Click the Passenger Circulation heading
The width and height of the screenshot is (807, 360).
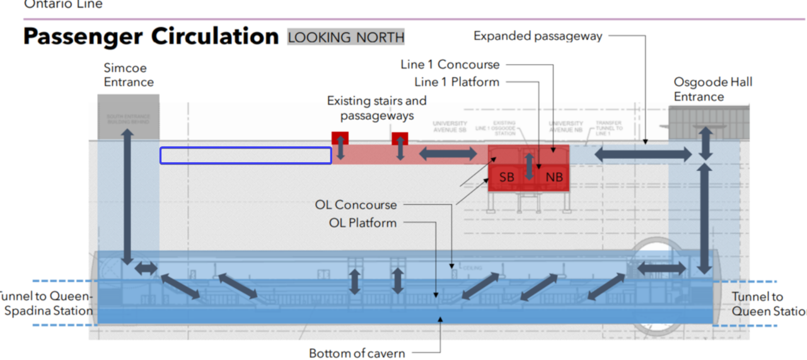[151, 37]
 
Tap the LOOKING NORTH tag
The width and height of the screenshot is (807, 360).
[346, 37]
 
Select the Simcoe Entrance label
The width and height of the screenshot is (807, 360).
[129, 75]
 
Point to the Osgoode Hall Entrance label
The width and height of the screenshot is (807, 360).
[713, 89]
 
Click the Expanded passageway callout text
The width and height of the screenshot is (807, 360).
[538, 36]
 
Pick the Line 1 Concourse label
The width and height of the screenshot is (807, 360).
[450, 64]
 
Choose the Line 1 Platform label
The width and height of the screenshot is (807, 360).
[456, 82]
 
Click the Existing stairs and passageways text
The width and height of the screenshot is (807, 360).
[377, 108]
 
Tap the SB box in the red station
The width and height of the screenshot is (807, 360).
[507, 177]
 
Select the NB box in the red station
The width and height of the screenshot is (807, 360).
[554, 177]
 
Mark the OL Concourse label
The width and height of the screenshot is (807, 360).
[356, 205]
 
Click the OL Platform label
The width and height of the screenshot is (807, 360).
[363, 223]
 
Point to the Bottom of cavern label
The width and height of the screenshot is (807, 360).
[357, 353]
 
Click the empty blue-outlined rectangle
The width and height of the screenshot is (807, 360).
[246, 156]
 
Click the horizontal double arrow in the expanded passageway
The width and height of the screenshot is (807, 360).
[643, 154]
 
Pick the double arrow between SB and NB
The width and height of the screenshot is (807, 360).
[530, 166]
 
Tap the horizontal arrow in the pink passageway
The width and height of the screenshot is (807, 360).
[448, 153]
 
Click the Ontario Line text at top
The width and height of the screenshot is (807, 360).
[63, 4]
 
